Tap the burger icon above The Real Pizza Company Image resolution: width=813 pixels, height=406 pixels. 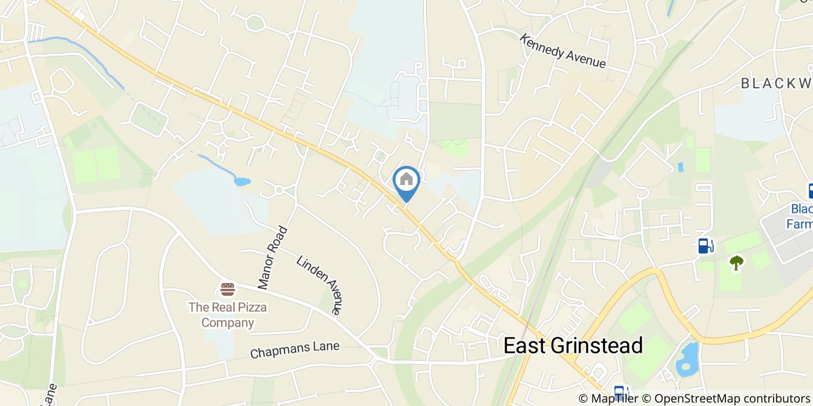(x=228, y=289)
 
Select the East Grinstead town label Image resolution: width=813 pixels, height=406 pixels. (x=573, y=346)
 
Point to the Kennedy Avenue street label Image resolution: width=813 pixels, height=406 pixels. (x=562, y=50)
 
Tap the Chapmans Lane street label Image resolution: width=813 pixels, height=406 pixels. (x=294, y=350)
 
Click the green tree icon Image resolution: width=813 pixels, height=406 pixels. (x=736, y=263)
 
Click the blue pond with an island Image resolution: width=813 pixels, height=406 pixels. (x=688, y=358)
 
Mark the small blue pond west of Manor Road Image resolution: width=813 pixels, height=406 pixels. (x=242, y=182)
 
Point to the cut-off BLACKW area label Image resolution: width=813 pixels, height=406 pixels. (x=776, y=84)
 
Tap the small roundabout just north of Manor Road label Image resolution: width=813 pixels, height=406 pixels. (x=279, y=190)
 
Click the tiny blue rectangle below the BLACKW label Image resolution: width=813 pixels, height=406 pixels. (x=681, y=167)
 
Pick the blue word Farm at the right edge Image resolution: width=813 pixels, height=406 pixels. (x=799, y=223)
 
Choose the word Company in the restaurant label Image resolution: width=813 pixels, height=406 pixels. (x=228, y=322)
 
